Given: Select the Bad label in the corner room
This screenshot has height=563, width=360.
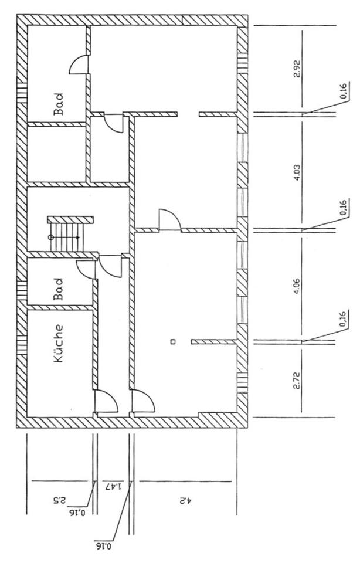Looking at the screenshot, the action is pos(59,104).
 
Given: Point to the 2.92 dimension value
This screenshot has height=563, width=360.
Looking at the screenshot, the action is pos(297,71).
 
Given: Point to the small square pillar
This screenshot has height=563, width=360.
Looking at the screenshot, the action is pos(172,341).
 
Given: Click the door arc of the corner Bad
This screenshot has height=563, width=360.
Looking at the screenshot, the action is pos(79,65).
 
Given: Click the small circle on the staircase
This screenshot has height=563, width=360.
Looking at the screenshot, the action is pos(51,237).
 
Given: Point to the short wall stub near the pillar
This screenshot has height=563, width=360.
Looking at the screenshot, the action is pos(214,341).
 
